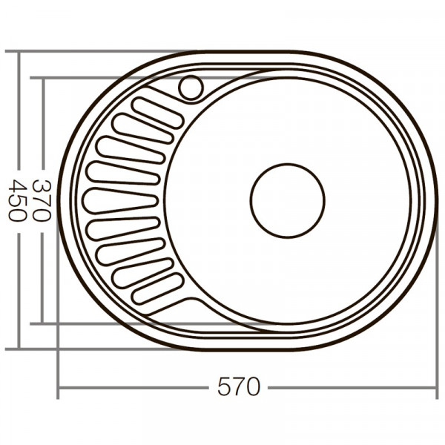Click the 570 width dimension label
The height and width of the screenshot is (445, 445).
point(239,386)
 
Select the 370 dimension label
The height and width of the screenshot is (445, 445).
point(42,200)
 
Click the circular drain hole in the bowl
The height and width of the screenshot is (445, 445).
point(287,200)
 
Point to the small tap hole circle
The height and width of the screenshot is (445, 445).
point(191,88)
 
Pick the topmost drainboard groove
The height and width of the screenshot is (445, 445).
point(156,112)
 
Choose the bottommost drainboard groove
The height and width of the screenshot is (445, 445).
point(158,288)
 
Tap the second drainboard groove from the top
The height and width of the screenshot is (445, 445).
point(142,128)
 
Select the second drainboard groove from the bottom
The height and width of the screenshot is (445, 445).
point(142,271)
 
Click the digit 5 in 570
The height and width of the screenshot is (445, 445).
point(224,386)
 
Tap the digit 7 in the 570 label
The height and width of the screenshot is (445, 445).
point(239,386)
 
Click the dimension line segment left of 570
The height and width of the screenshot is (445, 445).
point(133,387)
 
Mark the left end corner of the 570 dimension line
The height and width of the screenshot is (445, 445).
point(58,387)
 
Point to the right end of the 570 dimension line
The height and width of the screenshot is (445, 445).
point(437,387)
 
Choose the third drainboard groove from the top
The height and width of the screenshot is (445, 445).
point(131,149)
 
